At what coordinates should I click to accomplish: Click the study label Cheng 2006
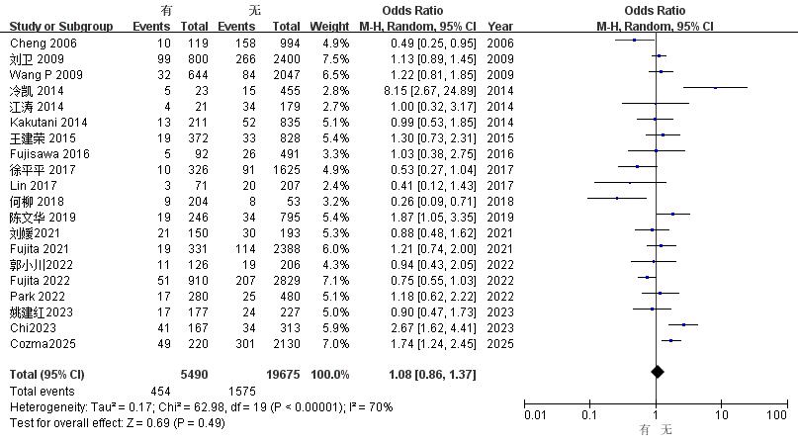click(44, 44)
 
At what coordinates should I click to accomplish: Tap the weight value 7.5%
click(335, 59)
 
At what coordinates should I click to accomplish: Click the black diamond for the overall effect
click(657, 372)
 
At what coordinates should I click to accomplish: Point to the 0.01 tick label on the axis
click(535, 415)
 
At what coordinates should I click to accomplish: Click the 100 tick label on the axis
click(776, 415)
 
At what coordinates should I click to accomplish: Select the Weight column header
click(329, 27)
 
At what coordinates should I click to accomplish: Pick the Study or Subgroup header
click(61, 27)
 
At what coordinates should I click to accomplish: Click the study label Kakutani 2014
click(48, 123)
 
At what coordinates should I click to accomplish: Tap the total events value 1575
click(241, 391)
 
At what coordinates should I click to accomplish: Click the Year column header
click(500, 27)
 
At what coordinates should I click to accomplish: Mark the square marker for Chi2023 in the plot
click(683, 324)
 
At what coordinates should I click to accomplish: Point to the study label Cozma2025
click(43, 344)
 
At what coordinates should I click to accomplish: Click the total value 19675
click(283, 374)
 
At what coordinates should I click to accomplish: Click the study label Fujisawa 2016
click(49, 154)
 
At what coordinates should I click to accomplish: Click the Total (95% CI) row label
click(46, 374)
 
